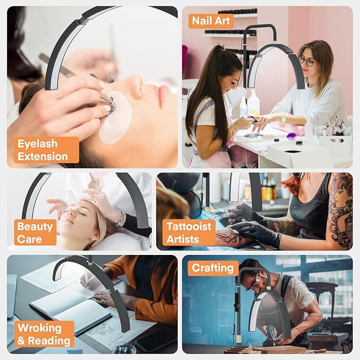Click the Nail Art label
(x=211, y=21)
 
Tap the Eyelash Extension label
(x=47, y=150)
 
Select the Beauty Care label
(x=35, y=232)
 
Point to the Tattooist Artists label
(x=189, y=232)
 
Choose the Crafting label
(x=213, y=268)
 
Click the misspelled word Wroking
(x=39, y=328)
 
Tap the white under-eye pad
(x=115, y=117)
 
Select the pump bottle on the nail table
(x=253, y=103)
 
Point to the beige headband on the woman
(x=103, y=220)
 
